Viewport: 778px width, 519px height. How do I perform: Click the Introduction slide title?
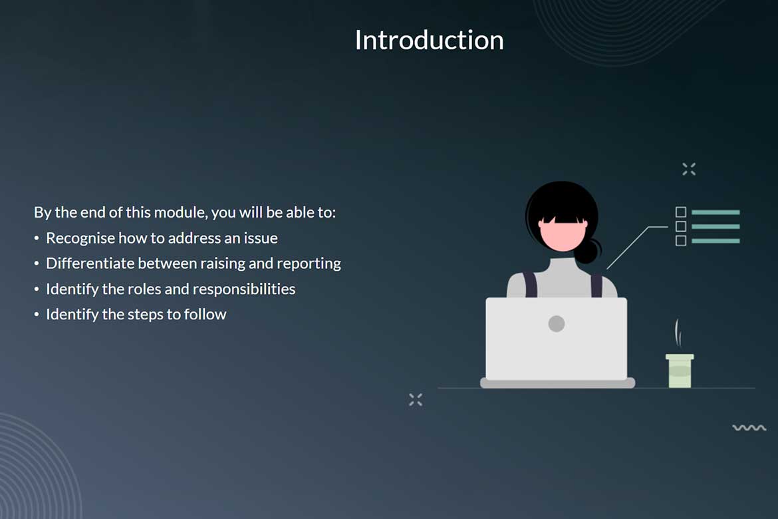(429, 40)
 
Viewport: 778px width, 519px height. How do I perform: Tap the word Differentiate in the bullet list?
(90, 263)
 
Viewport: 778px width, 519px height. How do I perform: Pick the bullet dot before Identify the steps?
(37, 314)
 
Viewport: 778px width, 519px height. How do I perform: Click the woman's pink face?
(563, 236)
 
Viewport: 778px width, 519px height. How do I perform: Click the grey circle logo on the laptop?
(556, 324)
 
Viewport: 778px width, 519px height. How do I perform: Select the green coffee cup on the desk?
(680, 371)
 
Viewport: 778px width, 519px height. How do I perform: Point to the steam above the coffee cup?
(678, 333)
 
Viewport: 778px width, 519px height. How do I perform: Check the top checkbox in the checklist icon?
(681, 212)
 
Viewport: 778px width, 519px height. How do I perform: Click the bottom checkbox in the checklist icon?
(681, 241)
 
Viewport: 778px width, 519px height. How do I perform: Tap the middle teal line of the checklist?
(715, 226)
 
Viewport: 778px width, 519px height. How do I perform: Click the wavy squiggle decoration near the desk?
(749, 428)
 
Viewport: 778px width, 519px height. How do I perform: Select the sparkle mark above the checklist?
(689, 169)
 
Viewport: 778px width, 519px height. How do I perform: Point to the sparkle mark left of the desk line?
(416, 400)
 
